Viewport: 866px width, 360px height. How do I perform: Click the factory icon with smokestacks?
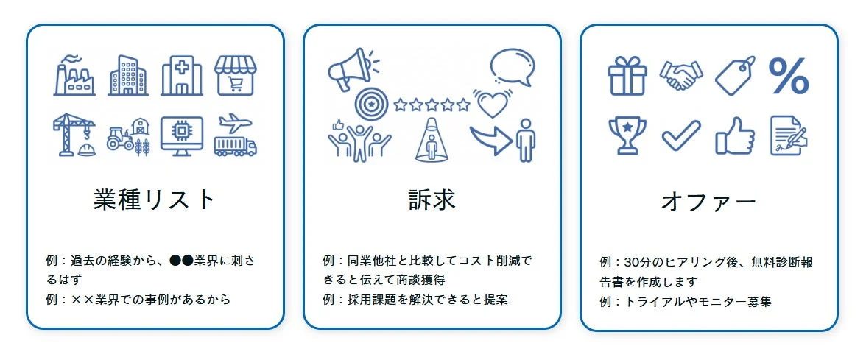(x=74, y=75)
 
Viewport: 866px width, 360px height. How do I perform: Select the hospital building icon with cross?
(x=181, y=75)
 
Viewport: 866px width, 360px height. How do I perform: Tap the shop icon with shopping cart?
(x=236, y=75)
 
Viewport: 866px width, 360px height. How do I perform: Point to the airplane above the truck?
(x=235, y=121)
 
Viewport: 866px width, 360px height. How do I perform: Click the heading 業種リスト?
(x=155, y=200)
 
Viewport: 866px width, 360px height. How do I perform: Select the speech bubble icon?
(x=513, y=67)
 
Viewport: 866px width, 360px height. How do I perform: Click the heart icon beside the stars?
(x=492, y=104)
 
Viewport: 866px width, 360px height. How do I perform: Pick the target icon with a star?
(x=370, y=105)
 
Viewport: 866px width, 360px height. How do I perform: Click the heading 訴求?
(x=432, y=200)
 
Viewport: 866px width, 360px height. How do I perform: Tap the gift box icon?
(x=627, y=76)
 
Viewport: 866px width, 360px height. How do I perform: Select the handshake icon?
(x=681, y=75)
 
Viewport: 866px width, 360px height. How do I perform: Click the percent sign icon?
(x=789, y=76)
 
